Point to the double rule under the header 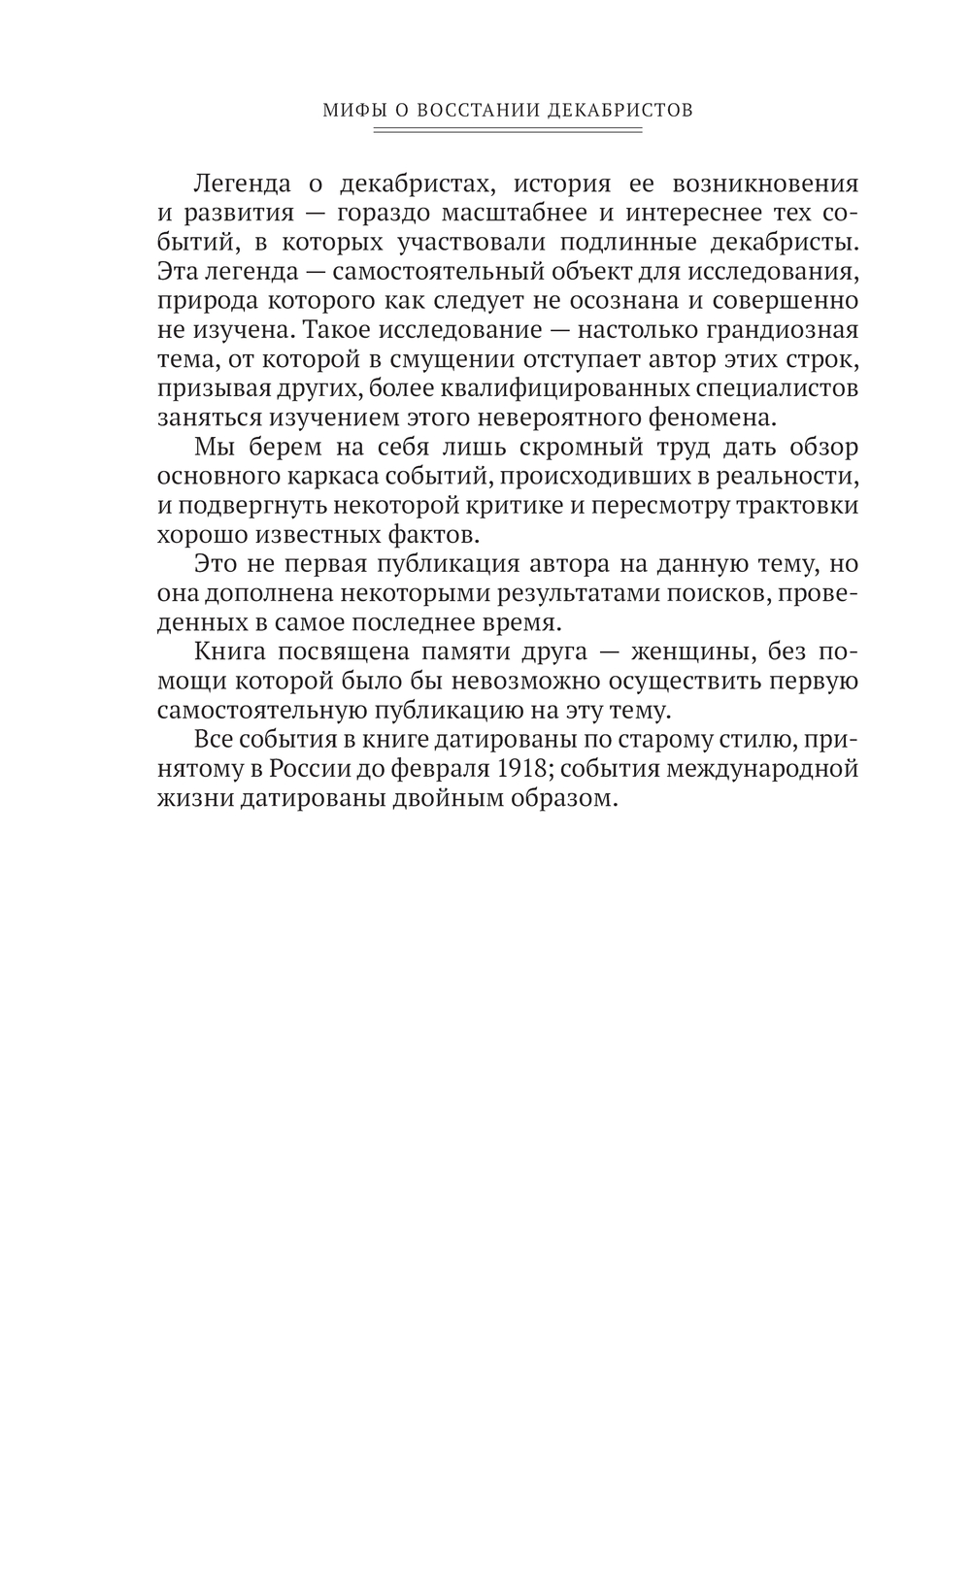pyautogui.click(x=508, y=129)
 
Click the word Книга pyautogui.click(x=229, y=651)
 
